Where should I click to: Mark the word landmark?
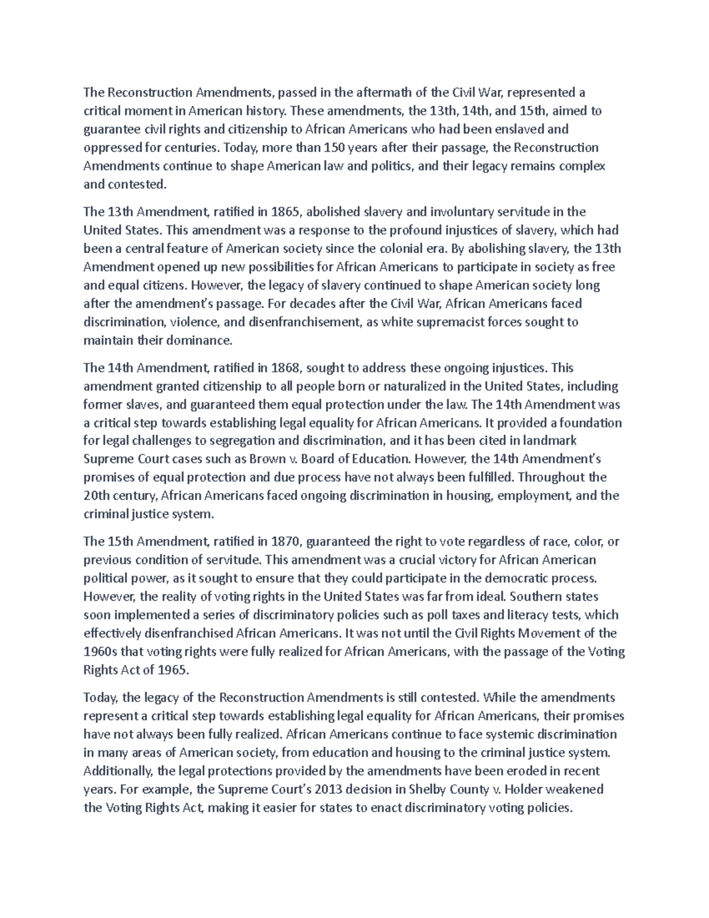551,440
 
